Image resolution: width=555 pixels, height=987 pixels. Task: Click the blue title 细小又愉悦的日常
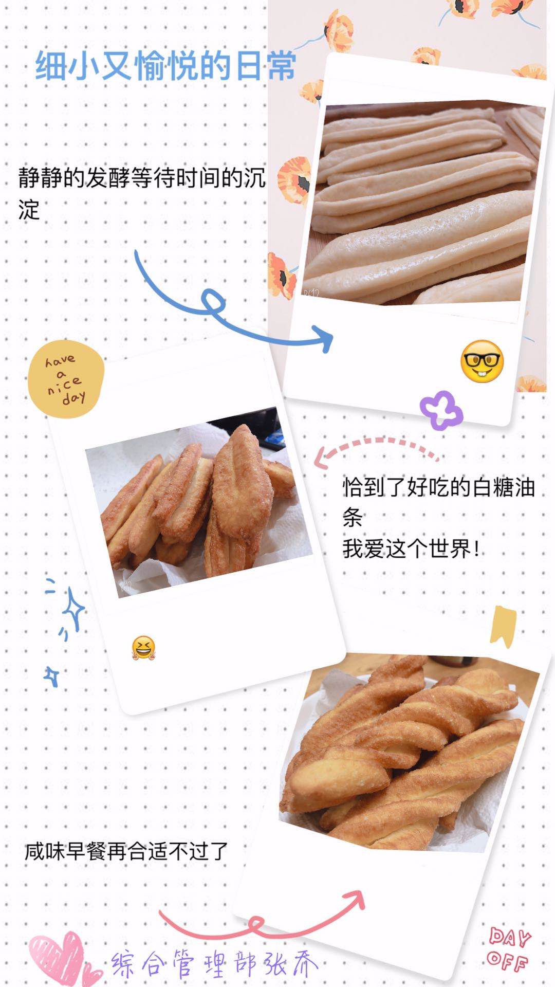(x=166, y=66)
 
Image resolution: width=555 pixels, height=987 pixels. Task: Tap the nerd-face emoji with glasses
(x=482, y=361)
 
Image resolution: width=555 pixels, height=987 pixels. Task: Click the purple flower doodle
(x=441, y=410)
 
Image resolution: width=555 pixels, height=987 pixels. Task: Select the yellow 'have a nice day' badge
(x=66, y=379)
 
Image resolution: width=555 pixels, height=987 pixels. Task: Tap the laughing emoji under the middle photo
(x=143, y=648)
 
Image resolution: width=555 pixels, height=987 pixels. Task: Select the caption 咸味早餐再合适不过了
(x=126, y=851)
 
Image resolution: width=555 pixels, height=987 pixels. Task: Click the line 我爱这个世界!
(x=412, y=549)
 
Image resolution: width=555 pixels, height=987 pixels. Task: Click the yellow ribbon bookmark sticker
(x=503, y=626)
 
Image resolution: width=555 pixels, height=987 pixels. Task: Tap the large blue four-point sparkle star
(x=73, y=610)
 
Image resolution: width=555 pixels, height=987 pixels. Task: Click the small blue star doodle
(x=51, y=677)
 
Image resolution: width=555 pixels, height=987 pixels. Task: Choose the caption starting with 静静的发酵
(x=142, y=193)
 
